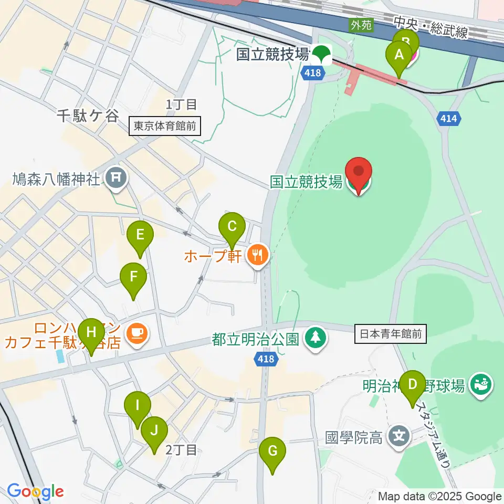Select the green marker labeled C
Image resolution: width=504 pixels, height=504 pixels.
click(x=232, y=227)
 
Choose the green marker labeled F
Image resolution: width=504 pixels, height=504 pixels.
click(x=133, y=277)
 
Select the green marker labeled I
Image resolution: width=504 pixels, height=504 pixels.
click(x=138, y=406)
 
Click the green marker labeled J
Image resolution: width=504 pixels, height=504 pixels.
click(x=154, y=431)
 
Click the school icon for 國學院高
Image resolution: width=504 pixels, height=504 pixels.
click(x=400, y=436)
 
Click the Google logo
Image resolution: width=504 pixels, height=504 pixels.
click(x=35, y=491)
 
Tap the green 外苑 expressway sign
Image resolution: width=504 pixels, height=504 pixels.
click(x=361, y=24)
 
